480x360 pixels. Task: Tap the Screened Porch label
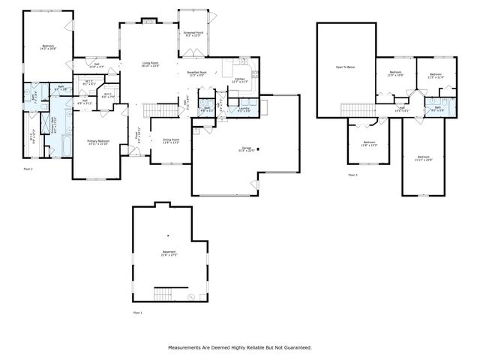[x=193, y=34]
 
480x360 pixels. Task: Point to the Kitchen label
[x=241, y=79]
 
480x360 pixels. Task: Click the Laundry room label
[x=244, y=109]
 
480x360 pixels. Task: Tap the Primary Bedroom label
[x=98, y=142]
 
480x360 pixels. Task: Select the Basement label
[x=169, y=252]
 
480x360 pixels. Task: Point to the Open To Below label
[x=345, y=67]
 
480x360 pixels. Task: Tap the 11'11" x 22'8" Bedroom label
[x=424, y=157]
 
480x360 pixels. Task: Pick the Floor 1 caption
[x=136, y=312]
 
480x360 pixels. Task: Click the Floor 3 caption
[x=352, y=175]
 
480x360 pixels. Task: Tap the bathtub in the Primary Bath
[x=62, y=142]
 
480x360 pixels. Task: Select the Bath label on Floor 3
[x=438, y=108]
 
